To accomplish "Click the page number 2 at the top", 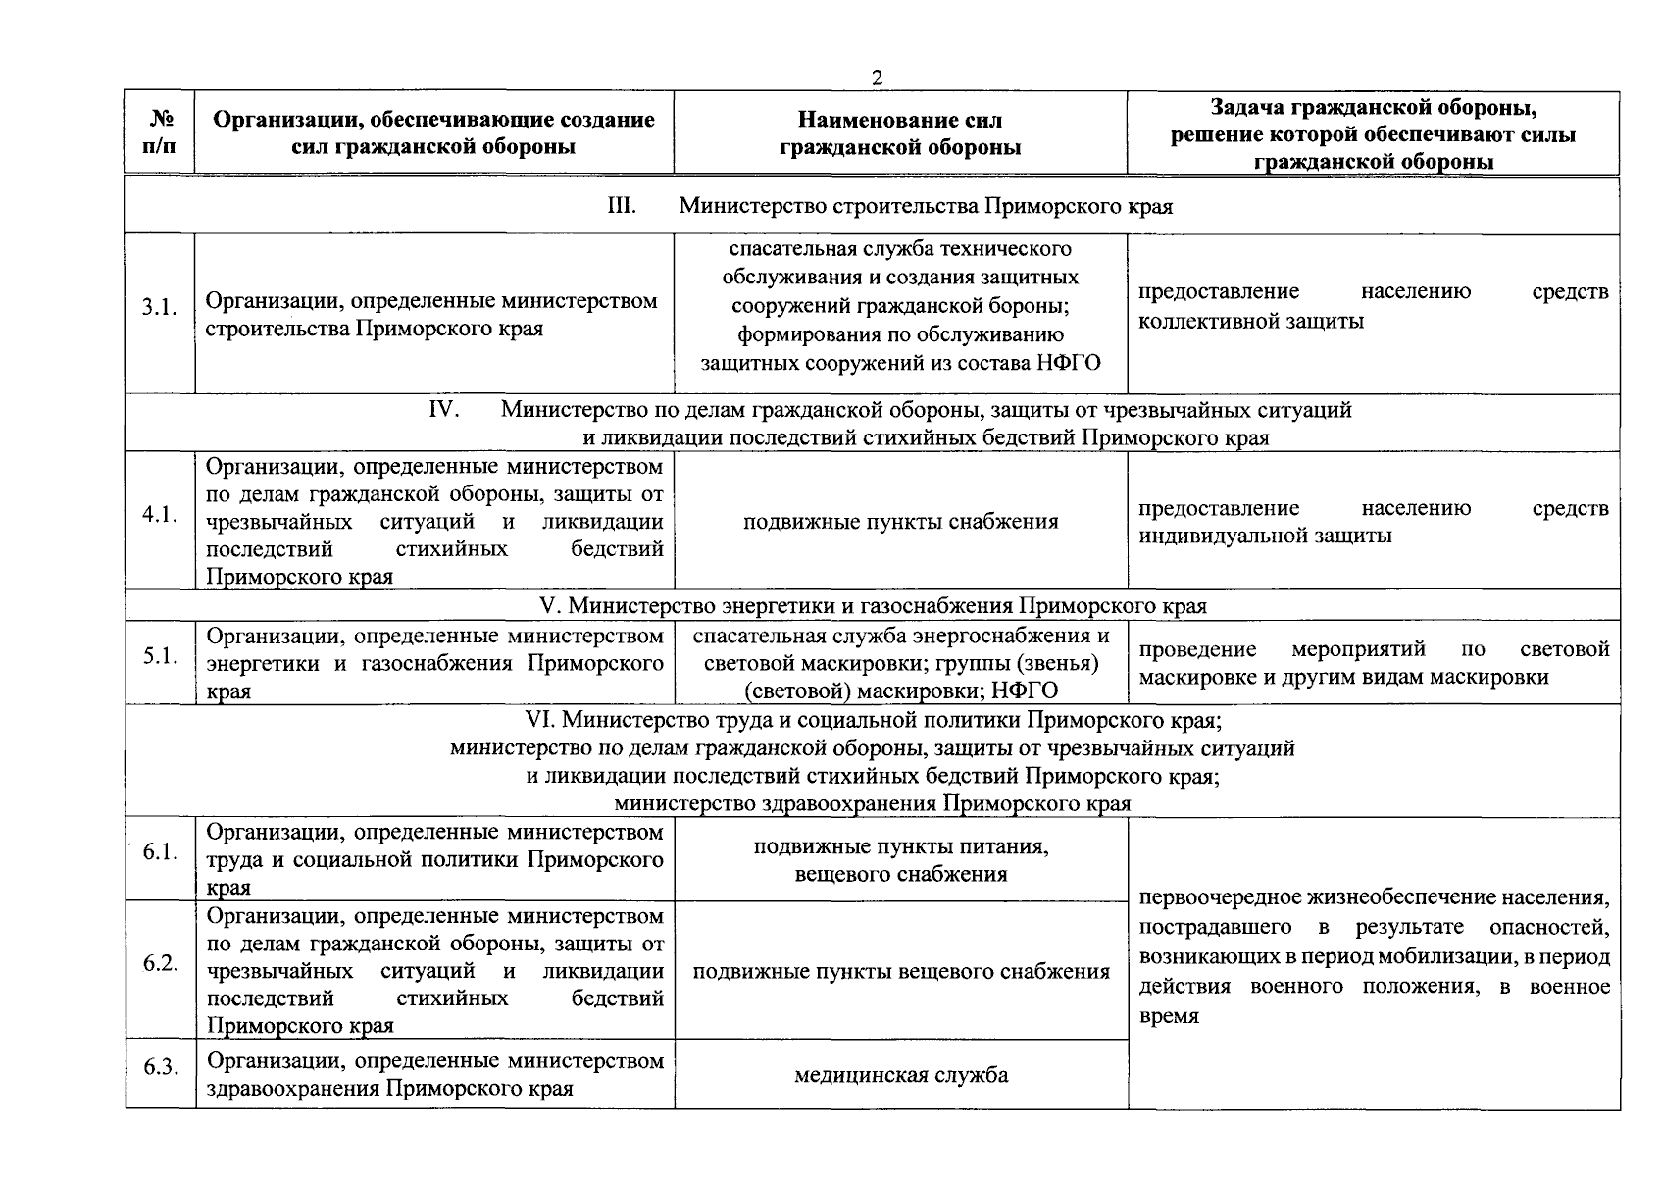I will pos(877,78).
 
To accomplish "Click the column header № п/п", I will pos(160,132).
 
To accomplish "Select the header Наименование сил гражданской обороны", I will pos(900,133).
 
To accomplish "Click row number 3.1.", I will pos(159,308).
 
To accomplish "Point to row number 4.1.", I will pos(159,515).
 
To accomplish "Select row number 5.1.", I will pos(159,656).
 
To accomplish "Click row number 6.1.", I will pos(159,852).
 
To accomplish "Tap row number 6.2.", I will pos(159,963).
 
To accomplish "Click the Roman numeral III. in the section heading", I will pos(622,206).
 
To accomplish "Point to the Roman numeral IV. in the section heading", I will pos(445,409).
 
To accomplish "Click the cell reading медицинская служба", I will pos(900,1075).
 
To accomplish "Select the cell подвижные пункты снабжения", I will pos(900,522).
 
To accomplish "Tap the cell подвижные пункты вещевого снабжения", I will pos(900,972).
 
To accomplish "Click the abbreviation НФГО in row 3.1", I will pos(1067,363).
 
